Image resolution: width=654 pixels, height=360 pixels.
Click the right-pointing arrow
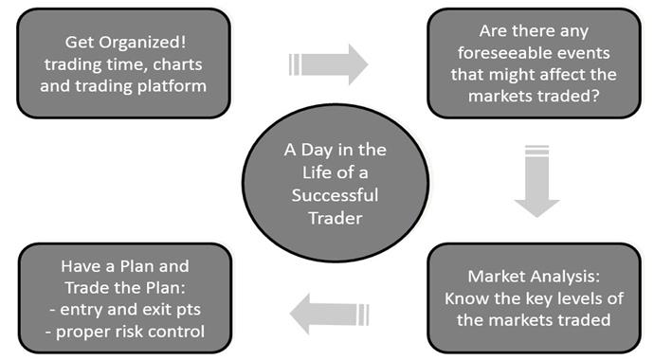point(328,64)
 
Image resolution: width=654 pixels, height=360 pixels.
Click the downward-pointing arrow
point(536,181)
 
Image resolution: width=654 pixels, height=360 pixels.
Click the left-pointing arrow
point(330,315)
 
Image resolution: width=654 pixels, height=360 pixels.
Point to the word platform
point(172,86)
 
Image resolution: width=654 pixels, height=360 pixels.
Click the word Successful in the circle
point(335,195)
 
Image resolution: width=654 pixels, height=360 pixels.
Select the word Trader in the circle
point(336,218)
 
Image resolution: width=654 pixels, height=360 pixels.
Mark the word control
point(176,332)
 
